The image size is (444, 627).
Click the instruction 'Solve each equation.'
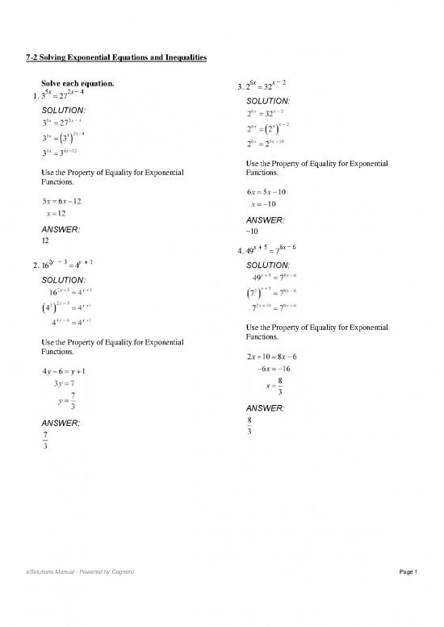coord(77,83)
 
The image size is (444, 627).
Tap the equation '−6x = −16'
coord(272,369)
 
